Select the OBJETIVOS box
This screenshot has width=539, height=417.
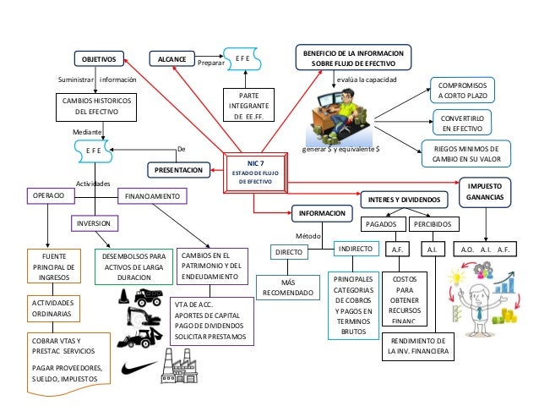pos(101,58)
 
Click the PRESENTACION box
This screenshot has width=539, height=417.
pos(178,170)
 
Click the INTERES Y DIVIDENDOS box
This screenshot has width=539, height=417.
pos(405,199)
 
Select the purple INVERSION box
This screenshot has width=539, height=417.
pos(95,223)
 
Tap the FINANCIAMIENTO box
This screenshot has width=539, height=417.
pos(152,195)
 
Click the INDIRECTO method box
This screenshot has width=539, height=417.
pos(355,250)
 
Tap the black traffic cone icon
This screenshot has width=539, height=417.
pos(124,296)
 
